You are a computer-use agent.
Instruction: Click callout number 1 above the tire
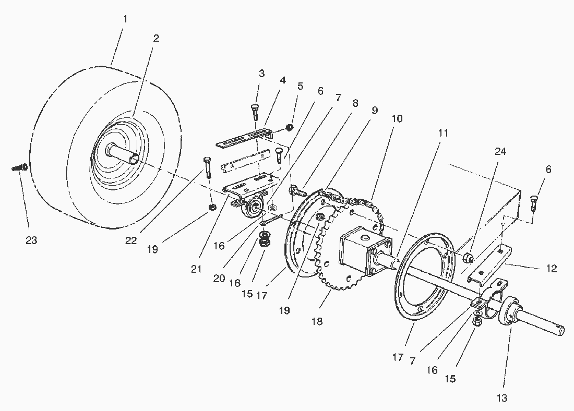(125, 19)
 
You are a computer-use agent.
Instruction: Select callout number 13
(501, 399)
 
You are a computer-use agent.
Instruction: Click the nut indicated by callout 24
(469, 257)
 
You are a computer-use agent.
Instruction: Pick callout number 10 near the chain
(397, 118)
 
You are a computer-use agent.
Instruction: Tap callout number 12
(552, 269)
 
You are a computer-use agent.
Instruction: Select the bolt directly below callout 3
(256, 111)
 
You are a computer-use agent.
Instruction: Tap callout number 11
(443, 132)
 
